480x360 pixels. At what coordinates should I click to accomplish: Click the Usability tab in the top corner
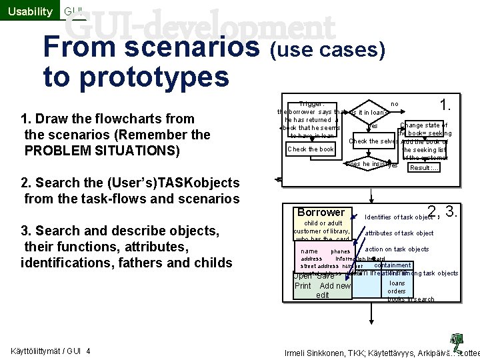pyautogui.click(x=29, y=11)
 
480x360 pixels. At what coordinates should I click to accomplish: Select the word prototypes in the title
pyautogui.click(x=136, y=77)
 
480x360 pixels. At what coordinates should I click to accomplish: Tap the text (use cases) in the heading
pyautogui.click(x=327, y=49)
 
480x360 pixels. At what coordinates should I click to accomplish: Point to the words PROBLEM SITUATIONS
pyautogui.click(x=101, y=150)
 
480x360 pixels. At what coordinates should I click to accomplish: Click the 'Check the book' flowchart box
pyautogui.click(x=311, y=149)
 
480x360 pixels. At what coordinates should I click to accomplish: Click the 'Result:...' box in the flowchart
pyautogui.click(x=424, y=167)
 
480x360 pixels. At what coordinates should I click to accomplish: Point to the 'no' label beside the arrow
pyautogui.click(x=394, y=104)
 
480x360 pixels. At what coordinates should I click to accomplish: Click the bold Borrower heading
pyautogui.click(x=321, y=212)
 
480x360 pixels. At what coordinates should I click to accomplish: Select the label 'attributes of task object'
pyautogui.click(x=399, y=233)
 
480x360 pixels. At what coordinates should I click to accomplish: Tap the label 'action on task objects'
pyautogui.click(x=397, y=249)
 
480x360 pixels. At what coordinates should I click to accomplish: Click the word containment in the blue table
pyautogui.click(x=393, y=265)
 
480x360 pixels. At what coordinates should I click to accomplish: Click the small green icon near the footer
pyautogui.click(x=457, y=339)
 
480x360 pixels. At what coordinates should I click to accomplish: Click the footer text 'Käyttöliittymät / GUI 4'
pyautogui.click(x=51, y=351)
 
